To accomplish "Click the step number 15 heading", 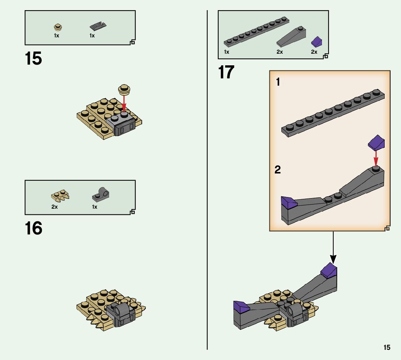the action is click(33, 58).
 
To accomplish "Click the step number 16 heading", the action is click(33, 228).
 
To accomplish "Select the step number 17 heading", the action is click(226, 72).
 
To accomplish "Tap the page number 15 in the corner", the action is click(387, 347).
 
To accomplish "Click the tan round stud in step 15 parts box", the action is click(59, 27).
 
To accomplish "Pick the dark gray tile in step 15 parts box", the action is click(98, 26).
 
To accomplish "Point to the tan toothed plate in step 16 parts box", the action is click(60, 196).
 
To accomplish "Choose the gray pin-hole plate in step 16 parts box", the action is click(101, 194).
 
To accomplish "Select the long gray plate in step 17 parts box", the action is click(256, 32).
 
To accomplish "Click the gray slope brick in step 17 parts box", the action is click(291, 37).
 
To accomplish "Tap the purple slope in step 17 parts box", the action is click(317, 41).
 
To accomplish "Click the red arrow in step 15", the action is click(124, 104).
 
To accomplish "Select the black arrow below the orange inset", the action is click(333, 247).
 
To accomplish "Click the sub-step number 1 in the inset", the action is click(278, 82).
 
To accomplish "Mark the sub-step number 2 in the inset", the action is click(278, 169).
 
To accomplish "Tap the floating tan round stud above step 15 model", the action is click(124, 89).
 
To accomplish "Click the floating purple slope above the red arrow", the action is click(376, 142).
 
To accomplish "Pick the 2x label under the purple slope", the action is click(314, 52).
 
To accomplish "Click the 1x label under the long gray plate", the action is click(227, 52).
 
